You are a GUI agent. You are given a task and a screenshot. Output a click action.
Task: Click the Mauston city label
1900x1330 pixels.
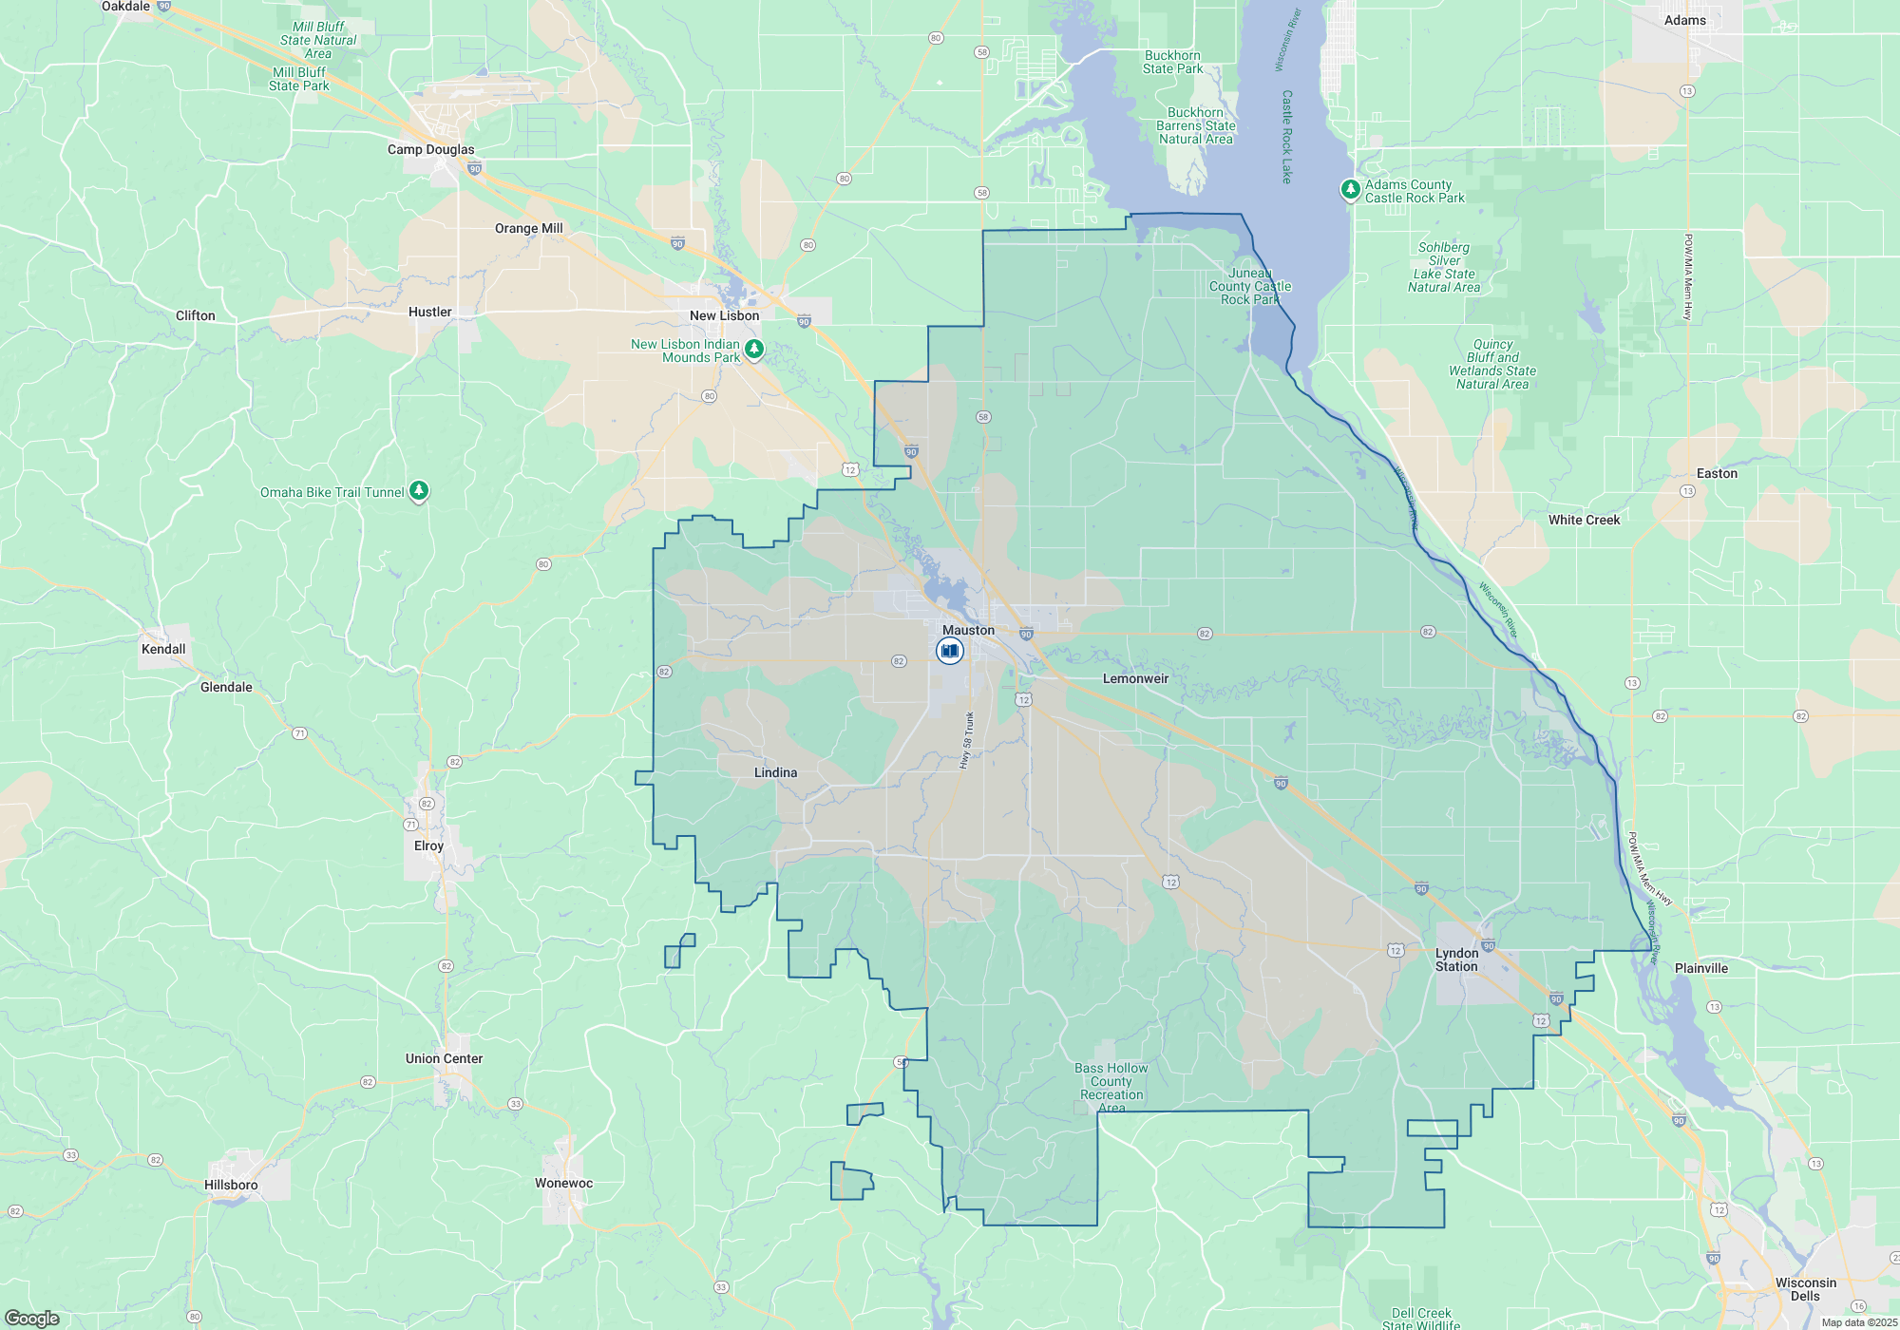point(968,630)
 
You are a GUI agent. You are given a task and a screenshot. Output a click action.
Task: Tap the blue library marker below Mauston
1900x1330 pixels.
point(949,651)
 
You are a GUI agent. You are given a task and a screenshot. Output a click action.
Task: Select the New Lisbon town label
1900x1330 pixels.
point(724,315)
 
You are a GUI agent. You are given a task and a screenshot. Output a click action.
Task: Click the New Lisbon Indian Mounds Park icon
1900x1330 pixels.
point(754,350)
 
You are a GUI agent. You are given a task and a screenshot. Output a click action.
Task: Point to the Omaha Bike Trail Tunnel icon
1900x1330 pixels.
point(419,491)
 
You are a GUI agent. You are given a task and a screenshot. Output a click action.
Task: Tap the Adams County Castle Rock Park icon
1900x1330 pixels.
point(1350,190)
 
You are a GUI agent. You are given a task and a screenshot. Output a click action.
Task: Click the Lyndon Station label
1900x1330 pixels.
point(1456,959)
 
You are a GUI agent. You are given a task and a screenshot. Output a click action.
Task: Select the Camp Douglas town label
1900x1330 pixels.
point(430,149)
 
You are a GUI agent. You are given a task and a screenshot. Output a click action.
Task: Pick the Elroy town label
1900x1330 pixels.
point(428,845)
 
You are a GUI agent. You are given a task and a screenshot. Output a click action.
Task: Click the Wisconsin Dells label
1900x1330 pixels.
point(1805,1289)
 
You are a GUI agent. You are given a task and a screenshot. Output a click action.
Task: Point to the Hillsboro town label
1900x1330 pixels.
point(231,1185)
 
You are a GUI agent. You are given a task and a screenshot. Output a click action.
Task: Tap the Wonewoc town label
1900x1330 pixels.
point(563,1183)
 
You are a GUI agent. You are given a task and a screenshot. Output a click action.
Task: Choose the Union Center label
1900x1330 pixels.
point(444,1058)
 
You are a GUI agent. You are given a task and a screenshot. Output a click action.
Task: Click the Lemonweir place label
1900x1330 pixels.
point(1135,678)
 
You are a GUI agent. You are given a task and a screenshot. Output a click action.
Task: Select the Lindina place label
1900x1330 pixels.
point(775,772)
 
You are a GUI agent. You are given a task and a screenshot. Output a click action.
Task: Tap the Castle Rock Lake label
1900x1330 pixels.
point(1287,137)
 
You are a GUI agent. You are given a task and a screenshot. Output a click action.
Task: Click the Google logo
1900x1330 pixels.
point(32,1319)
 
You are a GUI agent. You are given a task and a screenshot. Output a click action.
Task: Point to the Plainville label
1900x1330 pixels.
point(1700,968)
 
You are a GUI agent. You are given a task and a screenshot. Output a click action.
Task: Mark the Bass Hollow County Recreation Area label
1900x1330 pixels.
point(1111,1088)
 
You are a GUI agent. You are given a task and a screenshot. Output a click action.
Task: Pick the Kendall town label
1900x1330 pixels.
point(163,649)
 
